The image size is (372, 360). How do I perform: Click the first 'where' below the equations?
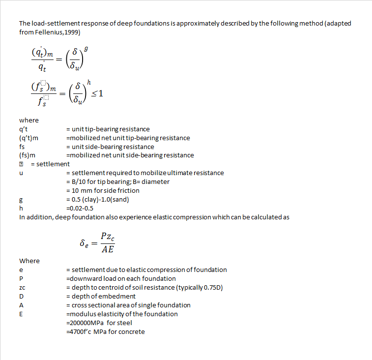tap(29, 120)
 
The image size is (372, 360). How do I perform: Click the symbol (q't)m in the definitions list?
tap(29, 138)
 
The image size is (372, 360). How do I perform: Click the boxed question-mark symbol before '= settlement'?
tap(22, 164)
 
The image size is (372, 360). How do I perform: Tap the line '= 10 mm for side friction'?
tap(103, 190)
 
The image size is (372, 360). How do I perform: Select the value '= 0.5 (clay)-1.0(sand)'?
tap(100, 199)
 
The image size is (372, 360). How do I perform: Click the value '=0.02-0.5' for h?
tap(82, 208)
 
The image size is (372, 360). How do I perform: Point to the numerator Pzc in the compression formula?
tap(108, 237)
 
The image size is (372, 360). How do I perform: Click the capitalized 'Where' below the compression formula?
tap(29, 261)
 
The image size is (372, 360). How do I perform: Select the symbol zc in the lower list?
tap(22, 287)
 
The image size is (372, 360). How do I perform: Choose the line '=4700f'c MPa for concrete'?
tap(105, 331)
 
